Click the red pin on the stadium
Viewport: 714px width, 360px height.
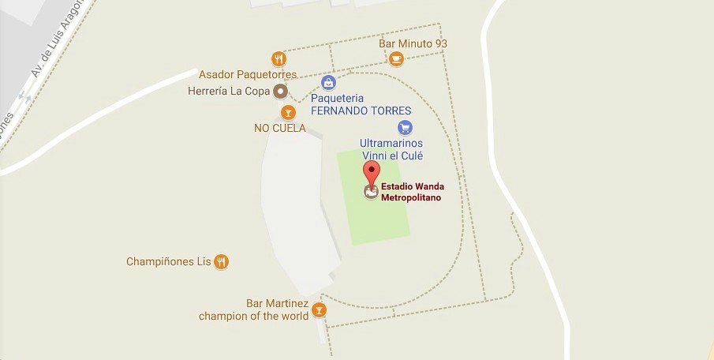pyautogui.click(x=371, y=171)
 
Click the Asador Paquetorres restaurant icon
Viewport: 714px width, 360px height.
pyautogui.click(x=278, y=58)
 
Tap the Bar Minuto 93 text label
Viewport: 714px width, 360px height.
pyautogui.click(x=413, y=43)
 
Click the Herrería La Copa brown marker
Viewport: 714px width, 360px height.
pyautogui.click(x=280, y=92)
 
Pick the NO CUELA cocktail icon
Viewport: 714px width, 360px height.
pyautogui.click(x=288, y=112)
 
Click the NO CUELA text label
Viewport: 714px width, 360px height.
pyautogui.click(x=279, y=128)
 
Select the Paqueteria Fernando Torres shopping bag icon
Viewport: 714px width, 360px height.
pyautogui.click(x=328, y=82)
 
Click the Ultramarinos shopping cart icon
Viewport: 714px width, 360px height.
pyautogui.click(x=405, y=127)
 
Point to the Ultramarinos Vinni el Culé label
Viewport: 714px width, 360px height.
pyautogui.click(x=391, y=149)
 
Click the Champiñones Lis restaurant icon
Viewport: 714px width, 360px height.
pyautogui.click(x=222, y=261)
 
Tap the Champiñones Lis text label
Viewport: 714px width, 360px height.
pyautogui.click(x=169, y=261)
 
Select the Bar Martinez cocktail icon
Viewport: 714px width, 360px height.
pyautogui.click(x=319, y=309)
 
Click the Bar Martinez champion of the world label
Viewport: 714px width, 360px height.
pyautogui.click(x=251, y=310)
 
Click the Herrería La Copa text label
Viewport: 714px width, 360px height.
pyautogui.click(x=229, y=92)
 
